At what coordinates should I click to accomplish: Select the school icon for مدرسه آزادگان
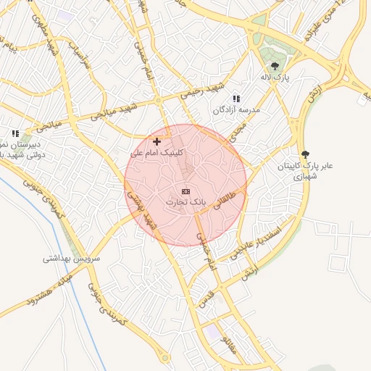[x=235, y=98]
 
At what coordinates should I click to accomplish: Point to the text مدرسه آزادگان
[x=235, y=110]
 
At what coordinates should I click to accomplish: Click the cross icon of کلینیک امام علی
[x=157, y=141]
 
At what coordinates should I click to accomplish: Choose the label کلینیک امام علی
[x=157, y=153]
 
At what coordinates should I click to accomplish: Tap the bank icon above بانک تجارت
[x=185, y=191]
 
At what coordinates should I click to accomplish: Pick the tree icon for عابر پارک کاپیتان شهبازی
[x=305, y=154]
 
